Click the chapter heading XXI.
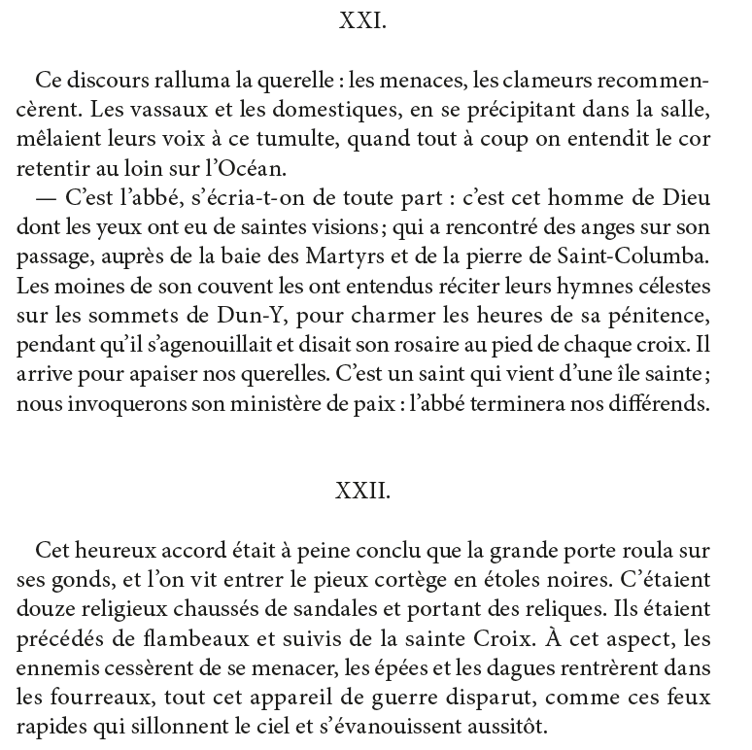(x=363, y=22)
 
